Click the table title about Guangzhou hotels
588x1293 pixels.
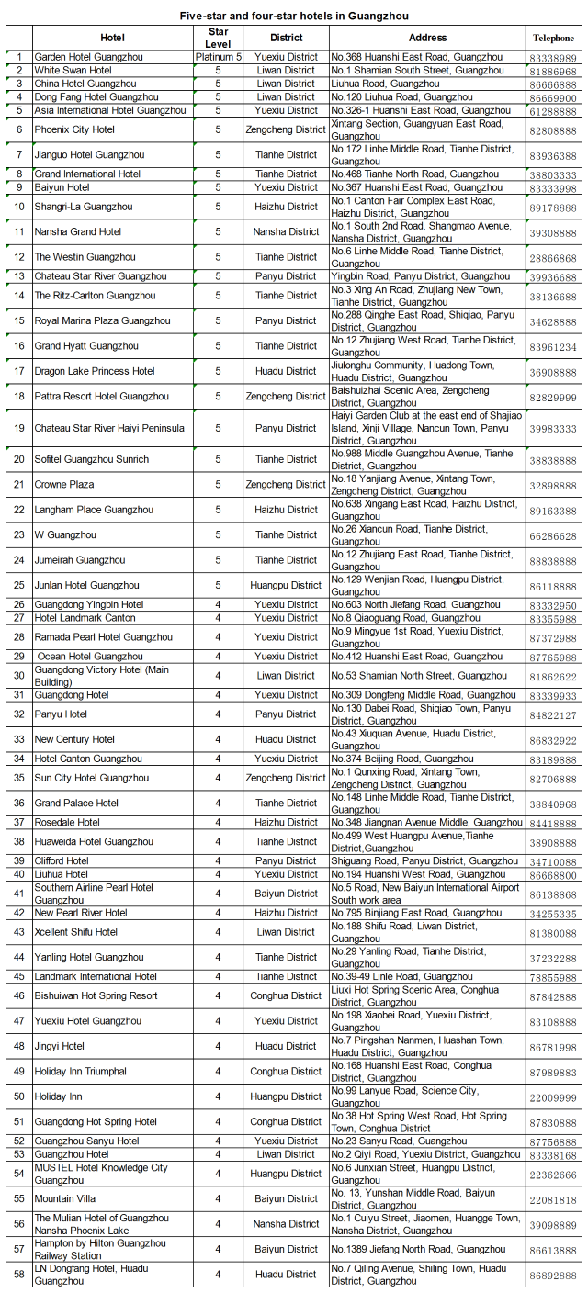point(294,16)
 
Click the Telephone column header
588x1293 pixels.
point(553,39)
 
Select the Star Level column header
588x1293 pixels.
point(218,38)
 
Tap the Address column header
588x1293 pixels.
point(427,38)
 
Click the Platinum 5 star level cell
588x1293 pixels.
point(218,57)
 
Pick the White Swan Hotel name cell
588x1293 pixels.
point(73,71)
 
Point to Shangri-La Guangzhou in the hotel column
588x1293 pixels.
point(84,207)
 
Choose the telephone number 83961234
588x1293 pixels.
point(553,347)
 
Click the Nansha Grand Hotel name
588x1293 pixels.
point(78,232)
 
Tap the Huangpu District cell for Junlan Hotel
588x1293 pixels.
point(287,586)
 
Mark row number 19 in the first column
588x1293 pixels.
point(19,428)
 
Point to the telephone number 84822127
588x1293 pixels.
point(553,715)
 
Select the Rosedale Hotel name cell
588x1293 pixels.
point(67,823)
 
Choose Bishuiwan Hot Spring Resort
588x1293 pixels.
point(96,996)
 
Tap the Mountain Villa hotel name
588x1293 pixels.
point(65,1199)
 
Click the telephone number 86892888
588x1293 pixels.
point(553,1276)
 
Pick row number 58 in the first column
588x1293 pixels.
point(19,1275)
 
